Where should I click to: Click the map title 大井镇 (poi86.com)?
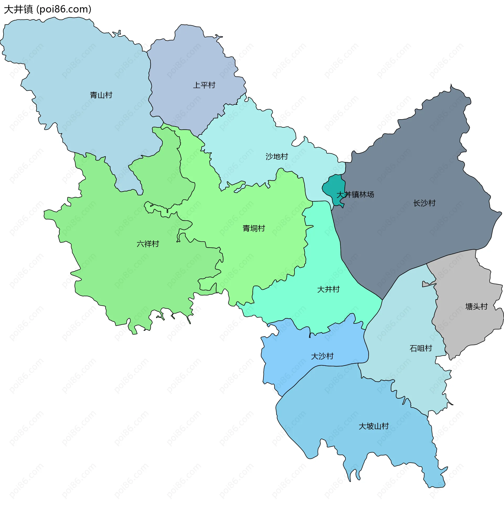pyautogui.click(x=48, y=9)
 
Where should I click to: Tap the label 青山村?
pyautogui.click(x=101, y=95)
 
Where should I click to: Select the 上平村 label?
pyautogui.click(x=204, y=85)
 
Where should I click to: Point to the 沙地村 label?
pyautogui.click(x=277, y=157)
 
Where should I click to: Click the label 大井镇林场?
pyautogui.click(x=355, y=195)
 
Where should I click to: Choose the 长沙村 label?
pyautogui.click(x=424, y=203)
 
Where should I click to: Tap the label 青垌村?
pyautogui.click(x=254, y=228)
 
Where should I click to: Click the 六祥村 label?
pyautogui.click(x=148, y=244)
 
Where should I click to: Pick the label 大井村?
pyautogui.click(x=328, y=289)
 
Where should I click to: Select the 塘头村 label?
pyautogui.click(x=476, y=306)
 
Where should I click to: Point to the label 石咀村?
pyautogui.click(x=421, y=348)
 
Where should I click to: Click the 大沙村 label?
pyautogui.click(x=322, y=356)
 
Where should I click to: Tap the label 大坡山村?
pyautogui.click(x=374, y=426)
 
